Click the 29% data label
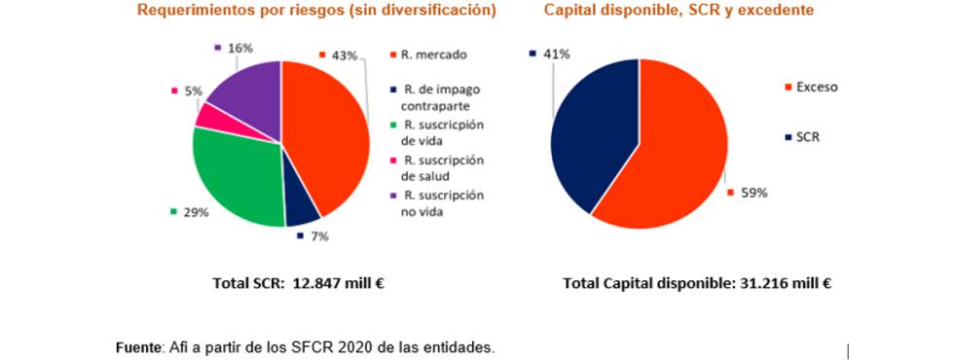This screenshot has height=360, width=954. click(x=195, y=211)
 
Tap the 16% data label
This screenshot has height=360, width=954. click(x=239, y=47)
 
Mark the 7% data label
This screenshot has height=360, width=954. click(x=318, y=236)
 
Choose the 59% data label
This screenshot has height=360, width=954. click(x=754, y=193)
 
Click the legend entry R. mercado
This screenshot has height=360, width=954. click(x=434, y=54)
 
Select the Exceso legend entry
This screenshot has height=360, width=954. click(x=817, y=87)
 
